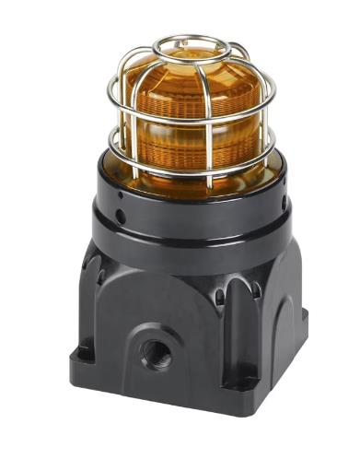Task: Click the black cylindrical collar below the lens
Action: click(x=189, y=207)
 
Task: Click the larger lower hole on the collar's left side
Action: click(x=121, y=216)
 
